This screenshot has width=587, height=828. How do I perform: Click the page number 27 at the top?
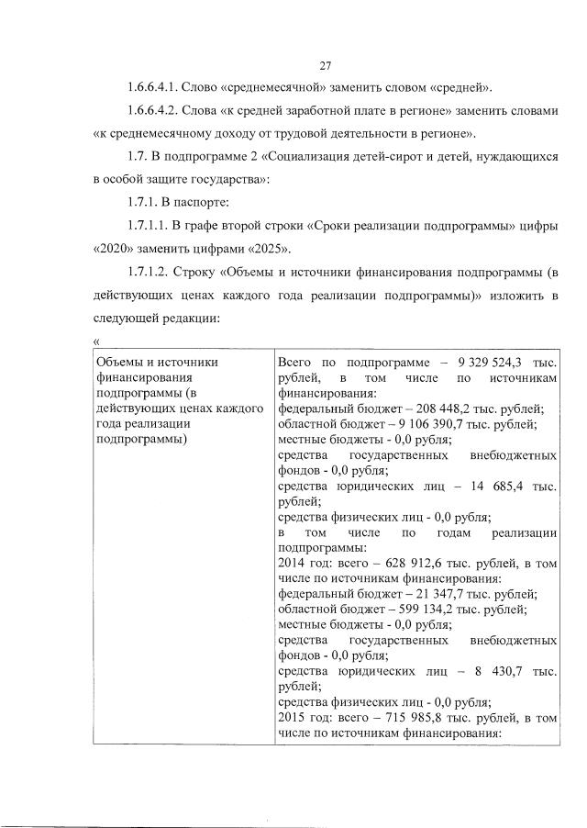pos(325,64)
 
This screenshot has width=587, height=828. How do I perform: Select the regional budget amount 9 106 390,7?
pos(442,424)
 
